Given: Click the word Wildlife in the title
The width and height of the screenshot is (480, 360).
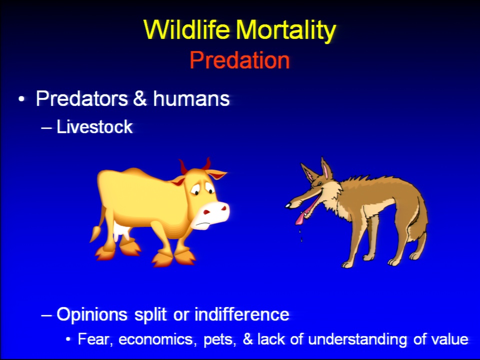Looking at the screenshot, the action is coord(186,29).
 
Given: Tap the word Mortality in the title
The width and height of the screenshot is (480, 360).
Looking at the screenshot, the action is coord(285,30).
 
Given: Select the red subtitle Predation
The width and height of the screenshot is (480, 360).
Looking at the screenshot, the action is coord(239,60).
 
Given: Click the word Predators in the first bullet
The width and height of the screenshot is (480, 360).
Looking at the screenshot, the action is coord(81,98).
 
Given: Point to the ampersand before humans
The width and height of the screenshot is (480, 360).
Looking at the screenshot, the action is coord(140,98).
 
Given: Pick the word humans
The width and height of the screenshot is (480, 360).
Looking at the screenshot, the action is coord(191,98).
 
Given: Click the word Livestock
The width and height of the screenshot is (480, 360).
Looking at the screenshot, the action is coord(94,126).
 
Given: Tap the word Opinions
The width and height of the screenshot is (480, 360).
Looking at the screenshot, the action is coord(92,314).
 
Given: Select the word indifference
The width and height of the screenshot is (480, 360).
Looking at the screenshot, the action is coord(242,314).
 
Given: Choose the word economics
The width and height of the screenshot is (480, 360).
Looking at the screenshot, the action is coord(157,339).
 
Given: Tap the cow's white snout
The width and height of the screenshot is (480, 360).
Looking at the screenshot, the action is coord(211,215).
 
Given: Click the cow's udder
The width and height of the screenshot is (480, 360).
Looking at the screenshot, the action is coord(121,231).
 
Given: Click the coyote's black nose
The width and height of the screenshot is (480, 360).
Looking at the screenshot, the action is coord(288,205).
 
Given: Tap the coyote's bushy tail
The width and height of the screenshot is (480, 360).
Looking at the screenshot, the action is coord(421,226).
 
